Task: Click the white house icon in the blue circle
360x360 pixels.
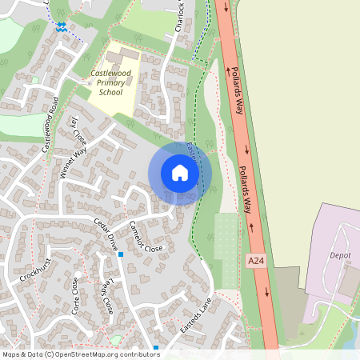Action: [180, 173]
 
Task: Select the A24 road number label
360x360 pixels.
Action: [255, 261]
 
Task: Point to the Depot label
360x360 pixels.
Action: [340, 256]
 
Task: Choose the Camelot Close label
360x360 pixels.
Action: [146, 237]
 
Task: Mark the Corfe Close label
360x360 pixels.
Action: [77, 295]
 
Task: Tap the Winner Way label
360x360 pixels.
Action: [73, 164]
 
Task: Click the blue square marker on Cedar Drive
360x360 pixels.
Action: [121, 255]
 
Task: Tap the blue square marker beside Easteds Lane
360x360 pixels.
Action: [156, 347]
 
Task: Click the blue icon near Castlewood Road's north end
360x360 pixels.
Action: [62, 26]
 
